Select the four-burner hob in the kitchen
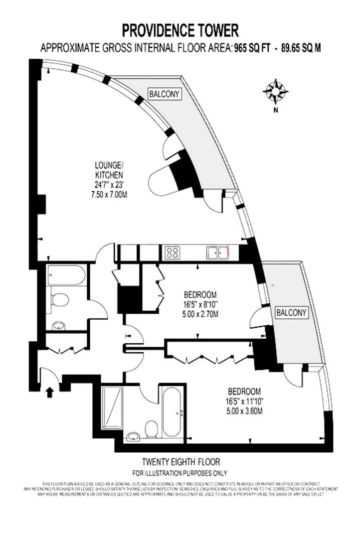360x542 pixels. coord(173,252)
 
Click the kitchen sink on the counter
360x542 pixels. coord(217,252)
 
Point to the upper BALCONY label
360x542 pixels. coord(164,93)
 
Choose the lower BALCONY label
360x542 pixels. coord(291,312)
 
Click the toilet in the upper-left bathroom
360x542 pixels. coord(60,300)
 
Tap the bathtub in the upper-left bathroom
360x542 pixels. coord(67,275)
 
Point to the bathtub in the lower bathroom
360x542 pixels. coord(173,411)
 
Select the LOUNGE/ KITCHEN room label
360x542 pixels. coord(109,170)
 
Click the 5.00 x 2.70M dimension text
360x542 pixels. coord(201,314)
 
